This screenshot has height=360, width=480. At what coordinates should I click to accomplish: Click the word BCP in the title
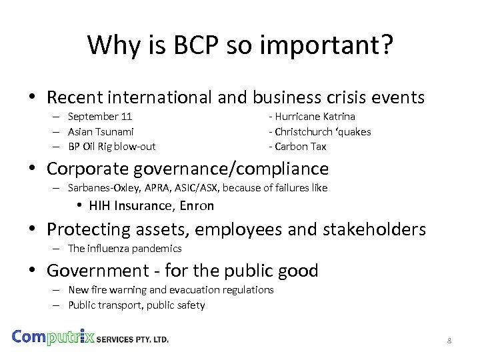click(x=189, y=45)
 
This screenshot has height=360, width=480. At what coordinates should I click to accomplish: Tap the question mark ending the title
click(x=386, y=45)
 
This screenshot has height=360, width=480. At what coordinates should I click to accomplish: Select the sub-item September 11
click(x=100, y=117)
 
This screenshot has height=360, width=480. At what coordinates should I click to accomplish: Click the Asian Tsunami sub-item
click(x=101, y=131)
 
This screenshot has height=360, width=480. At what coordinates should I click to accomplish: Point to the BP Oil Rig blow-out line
click(x=111, y=146)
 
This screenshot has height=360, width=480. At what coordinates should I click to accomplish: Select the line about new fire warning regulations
click(x=171, y=290)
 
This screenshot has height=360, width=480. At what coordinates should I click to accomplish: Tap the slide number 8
click(x=449, y=341)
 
